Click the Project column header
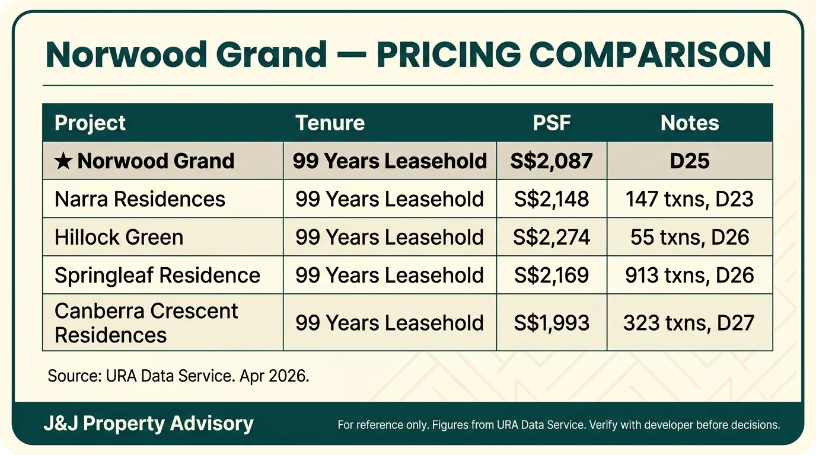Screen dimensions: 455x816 (x=90, y=123)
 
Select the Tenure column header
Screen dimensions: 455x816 (x=330, y=123)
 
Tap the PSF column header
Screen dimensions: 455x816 (x=552, y=123)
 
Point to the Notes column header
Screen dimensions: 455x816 (x=690, y=123)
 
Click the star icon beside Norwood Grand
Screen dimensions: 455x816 (x=63, y=161)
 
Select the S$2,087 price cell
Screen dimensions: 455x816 (x=552, y=161)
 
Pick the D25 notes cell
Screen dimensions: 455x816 (x=690, y=161)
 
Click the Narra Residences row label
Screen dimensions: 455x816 (x=140, y=198)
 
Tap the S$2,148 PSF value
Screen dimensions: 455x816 (x=552, y=198)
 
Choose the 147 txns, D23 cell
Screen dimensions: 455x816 (x=690, y=198)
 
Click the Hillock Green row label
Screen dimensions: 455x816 (x=119, y=237)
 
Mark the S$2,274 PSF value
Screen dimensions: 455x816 (x=552, y=237)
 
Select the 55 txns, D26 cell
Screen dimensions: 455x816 (x=690, y=237)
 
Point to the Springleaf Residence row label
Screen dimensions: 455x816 (x=157, y=275)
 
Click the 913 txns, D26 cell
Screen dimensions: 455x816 (x=690, y=275)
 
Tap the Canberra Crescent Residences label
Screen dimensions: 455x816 (x=146, y=323)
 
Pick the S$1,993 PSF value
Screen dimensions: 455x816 (x=552, y=323)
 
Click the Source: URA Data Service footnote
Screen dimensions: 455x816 (x=179, y=376)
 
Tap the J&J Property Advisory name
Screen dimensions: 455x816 (x=148, y=424)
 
